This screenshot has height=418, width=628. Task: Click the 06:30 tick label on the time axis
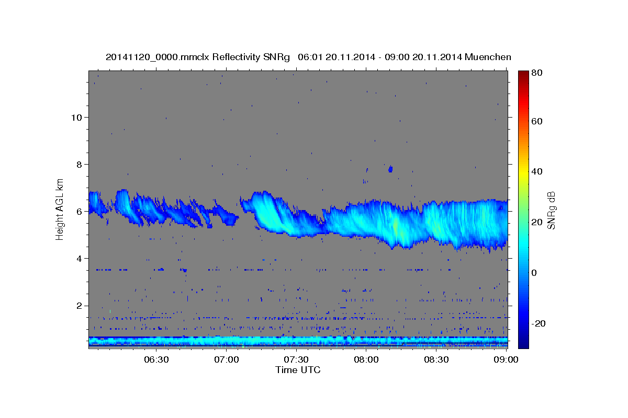[156, 359]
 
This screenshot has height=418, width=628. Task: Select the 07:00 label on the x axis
[227, 359]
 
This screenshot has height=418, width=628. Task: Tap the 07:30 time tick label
[296, 359]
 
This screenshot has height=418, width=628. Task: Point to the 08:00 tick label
[366, 359]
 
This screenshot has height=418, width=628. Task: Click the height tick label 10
[76, 117]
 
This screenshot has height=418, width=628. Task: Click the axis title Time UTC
[298, 370]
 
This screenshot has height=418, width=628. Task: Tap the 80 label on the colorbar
[536, 73]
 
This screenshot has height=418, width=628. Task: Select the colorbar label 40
[536, 171]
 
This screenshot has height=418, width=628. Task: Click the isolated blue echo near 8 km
[390, 169]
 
